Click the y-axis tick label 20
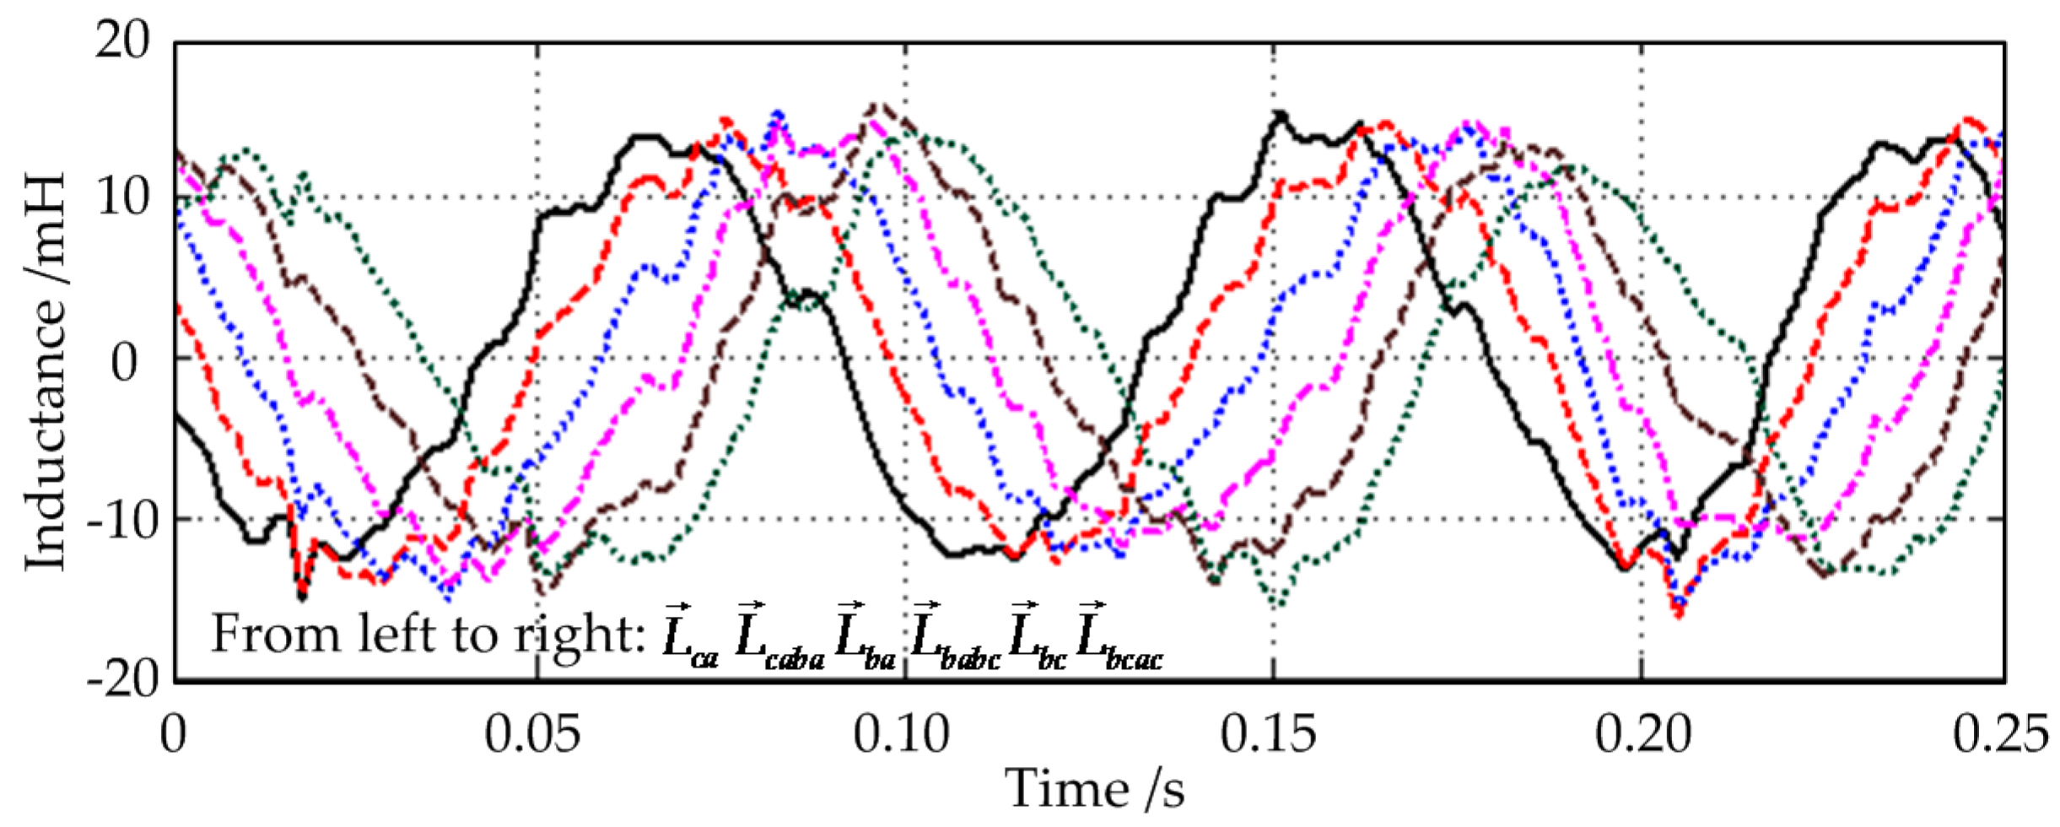pyautogui.click(x=122, y=40)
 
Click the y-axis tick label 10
pyautogui.click(x=122, y=198)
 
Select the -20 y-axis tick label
pyautogui.click(x=122, y=678)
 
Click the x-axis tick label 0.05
pyautogui.click(x=532, y=734)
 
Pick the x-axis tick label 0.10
pyautogui.click(x=901, y=734)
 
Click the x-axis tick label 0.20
pyautogui.click(x=1642, y=734)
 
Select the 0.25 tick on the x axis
pyautogui.click(x=2000, y=734)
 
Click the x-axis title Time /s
pyautogui.click(x=1094, y=789)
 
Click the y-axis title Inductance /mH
pyautogui.click(x=44, y=371)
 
